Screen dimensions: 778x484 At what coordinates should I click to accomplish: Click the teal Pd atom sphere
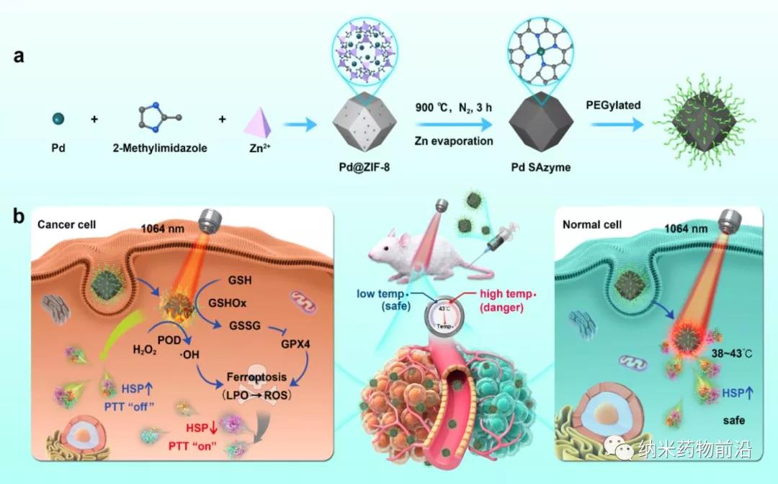coord(58,119)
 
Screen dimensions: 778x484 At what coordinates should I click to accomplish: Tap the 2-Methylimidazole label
coord(160,148)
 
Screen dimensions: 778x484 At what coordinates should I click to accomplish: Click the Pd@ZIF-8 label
coord(365,166)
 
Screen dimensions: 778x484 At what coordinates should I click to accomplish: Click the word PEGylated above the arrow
coord(613,105)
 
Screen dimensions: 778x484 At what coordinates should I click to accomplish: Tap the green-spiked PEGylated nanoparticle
coord(703,122)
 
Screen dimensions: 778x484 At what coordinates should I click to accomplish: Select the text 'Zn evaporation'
coord(454,141)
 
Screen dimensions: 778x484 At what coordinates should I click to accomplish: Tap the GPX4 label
coord(296,344)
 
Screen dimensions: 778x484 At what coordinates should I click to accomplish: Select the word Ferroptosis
coord(256,377)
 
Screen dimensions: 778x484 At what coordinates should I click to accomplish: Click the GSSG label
coord(245,326)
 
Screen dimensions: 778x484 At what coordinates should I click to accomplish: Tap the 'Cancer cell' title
coord(66,225)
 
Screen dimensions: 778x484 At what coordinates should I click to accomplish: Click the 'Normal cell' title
coord(592,225)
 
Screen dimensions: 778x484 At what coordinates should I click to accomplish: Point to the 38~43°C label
coord(731,354)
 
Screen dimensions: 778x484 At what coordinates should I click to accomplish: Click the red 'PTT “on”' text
coord(192,447)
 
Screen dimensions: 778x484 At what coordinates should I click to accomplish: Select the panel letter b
coord(18,216)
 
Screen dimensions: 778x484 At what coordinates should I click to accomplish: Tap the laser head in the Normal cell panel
coord(730,220)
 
